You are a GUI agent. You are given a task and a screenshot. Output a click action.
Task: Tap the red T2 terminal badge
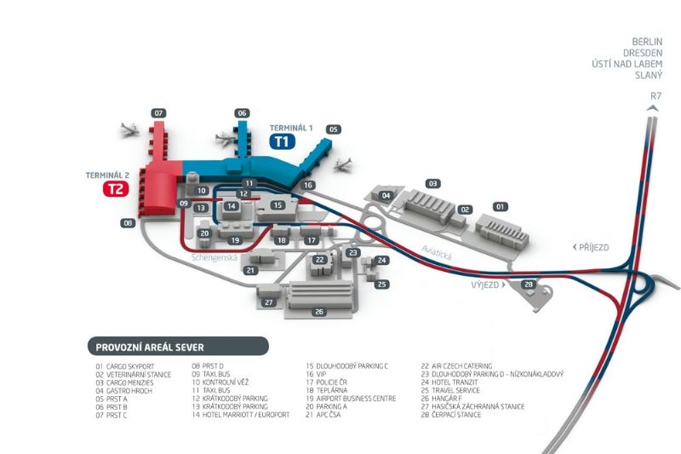coord(115,189)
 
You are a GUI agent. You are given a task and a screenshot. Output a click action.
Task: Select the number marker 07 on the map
coord(158,113)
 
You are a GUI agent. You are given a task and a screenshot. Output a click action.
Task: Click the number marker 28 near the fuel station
coord(528,284)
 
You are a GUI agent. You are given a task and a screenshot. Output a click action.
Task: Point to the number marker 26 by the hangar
coord(319,312)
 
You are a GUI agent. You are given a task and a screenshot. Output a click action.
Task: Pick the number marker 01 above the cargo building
coord(501,206)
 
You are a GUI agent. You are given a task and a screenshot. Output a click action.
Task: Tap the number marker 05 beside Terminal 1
coord(334,129)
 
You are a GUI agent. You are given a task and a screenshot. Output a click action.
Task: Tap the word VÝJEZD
coord(485,285)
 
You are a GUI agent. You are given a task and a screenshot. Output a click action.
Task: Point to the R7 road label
coord(655,96)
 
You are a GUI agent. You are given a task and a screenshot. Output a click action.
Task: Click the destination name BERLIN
coord(648,41)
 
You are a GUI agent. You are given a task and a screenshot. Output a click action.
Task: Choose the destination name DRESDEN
coord(645,52)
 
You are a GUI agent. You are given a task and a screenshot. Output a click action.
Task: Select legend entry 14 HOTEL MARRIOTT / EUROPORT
coord(241,415)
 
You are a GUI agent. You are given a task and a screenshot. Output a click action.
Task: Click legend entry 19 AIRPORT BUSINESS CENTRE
coord(351,398)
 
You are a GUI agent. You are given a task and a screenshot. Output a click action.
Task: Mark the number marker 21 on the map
coord(250,270)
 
